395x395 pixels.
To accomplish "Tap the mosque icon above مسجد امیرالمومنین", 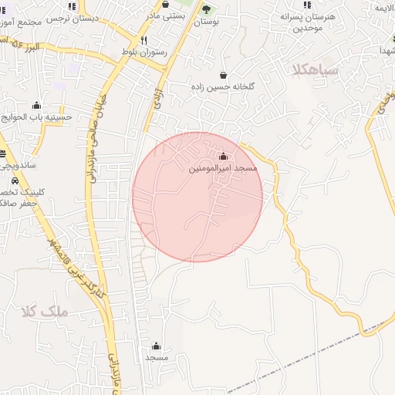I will pos(224,157).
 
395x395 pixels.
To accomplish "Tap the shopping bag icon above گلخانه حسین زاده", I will pos(224,76).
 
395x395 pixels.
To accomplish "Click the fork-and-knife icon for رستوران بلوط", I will pos(143,40).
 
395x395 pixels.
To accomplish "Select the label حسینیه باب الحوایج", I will pos(36,117).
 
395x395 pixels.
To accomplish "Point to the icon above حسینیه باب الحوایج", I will pos(36,106).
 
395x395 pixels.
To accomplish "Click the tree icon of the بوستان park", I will pos(206,9).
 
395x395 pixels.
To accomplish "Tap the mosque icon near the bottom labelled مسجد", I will pos(157,346).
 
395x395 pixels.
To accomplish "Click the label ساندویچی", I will pos(17,165).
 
